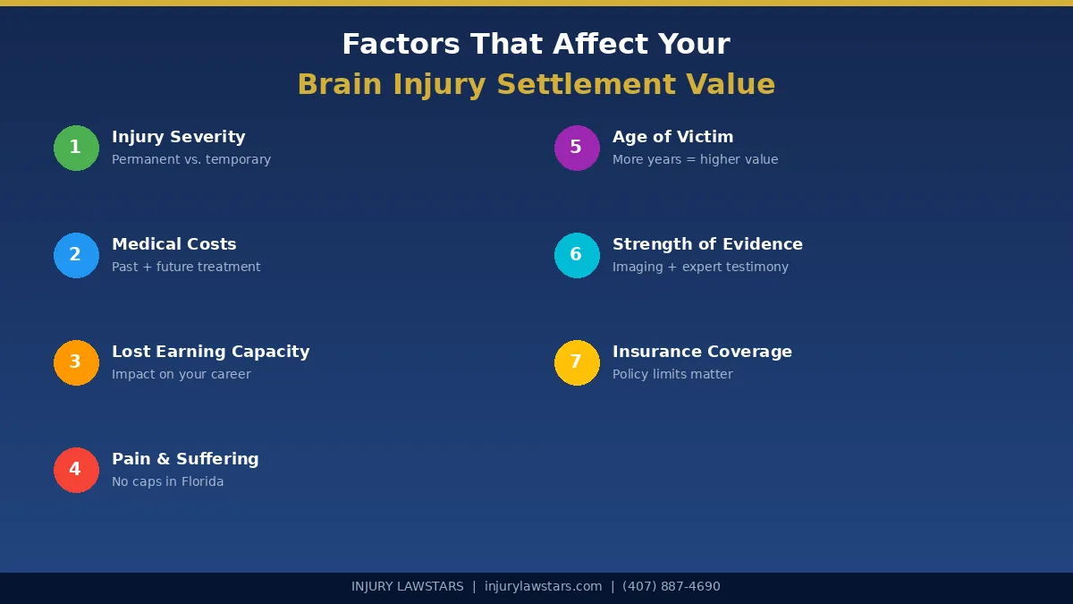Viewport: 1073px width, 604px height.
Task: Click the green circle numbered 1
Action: coord(76,148)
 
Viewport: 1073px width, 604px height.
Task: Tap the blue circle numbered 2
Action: coord(76,255)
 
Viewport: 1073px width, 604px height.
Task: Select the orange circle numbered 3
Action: coord(76,362)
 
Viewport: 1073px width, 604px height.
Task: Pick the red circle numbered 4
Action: coord(76,470)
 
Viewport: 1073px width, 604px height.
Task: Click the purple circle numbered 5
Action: coord(577,148)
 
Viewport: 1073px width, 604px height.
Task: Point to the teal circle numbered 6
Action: coord(577,255)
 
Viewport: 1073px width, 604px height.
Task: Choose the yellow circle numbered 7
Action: coord(577,362)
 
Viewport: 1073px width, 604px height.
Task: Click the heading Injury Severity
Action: coord(178,137)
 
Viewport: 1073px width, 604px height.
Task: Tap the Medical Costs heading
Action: coord(173,244)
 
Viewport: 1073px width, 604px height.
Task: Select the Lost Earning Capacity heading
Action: coord(210,352)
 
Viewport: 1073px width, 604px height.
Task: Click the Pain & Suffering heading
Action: coord(185,459)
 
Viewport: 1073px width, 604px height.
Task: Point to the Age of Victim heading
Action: coord(672,137)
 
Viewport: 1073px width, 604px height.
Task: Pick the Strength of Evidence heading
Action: coord(707,244)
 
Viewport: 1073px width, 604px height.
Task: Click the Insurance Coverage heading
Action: coord(702,352)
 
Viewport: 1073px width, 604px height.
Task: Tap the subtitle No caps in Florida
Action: coord(167,481)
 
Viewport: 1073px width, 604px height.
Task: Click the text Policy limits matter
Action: coord(672,374)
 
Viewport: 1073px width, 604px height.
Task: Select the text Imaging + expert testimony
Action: coord(700,267)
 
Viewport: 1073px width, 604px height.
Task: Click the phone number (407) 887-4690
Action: coord(671,587)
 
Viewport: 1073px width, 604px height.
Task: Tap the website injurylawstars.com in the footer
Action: coord(543,587)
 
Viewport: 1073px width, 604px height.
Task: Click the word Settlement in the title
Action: coord(587,85)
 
